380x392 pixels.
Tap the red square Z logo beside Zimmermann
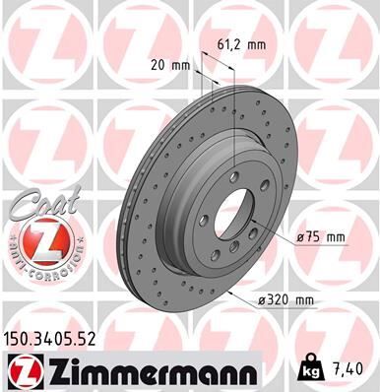click(21, 370)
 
